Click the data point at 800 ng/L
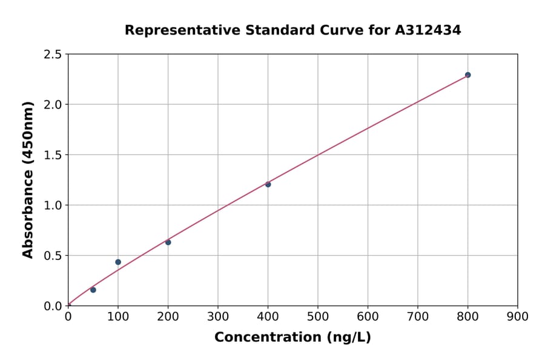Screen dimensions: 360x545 click(467, 75)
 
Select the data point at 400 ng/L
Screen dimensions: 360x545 click(268, 184)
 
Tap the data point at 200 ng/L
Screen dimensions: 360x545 click(168, 242)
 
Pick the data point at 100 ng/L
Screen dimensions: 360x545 click(118, 262)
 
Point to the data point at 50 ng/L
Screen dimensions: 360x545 click(93, 290)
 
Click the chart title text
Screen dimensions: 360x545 click(292, 30)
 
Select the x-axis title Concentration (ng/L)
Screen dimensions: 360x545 click(292, 338)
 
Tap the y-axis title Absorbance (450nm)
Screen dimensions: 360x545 click(28, 179)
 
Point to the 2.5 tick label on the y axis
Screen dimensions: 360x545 click(53, 55)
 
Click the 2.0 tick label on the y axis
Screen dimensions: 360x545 click(53, 105)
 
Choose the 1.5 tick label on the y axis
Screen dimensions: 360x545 click(53, 155)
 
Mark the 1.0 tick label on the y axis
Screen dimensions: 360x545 click(53, 205)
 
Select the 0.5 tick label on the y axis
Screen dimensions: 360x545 click(53, 256)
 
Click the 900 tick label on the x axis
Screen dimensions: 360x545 click(518, 316)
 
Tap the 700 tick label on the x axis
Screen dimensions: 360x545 click(418, 316)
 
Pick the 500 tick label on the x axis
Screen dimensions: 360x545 click(318, 316)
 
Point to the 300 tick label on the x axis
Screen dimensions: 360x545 click(218, 316)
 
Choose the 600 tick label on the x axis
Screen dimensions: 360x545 click(368, 316)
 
